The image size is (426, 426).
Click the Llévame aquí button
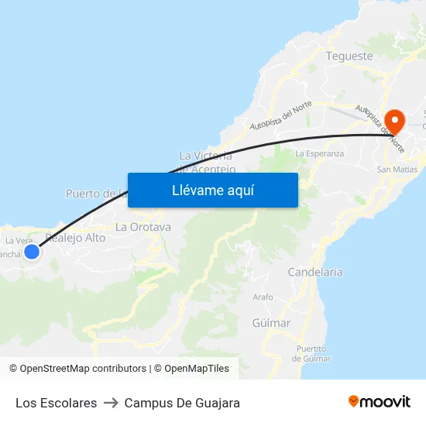click(x=213, y=190)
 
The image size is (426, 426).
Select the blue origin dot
click(x=32, y=251)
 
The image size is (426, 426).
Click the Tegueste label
click(x=349, y=56)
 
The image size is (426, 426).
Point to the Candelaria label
click(x=314, y=273)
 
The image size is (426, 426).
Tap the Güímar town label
click(x=271, y=323)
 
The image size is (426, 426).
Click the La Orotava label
click(x=143, y=227)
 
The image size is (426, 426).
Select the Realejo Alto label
click(x=76, y=238)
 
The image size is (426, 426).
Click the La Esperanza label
click(x=319, y=153)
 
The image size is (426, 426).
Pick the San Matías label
click(x=397, y=169)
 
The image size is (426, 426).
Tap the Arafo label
click(x=263, y=297)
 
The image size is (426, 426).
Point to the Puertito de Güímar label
click(x=311, y=353)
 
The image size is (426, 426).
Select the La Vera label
click(x=19, y=240)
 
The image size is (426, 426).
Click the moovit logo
click(x=380, y=401)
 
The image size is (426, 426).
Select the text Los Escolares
click(x=56, y=403)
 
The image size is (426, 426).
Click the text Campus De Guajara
click(x=182, y=403)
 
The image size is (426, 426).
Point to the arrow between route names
click(x=111, y=403)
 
